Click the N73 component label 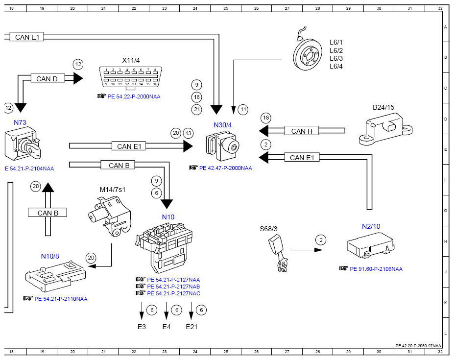coord(20,122)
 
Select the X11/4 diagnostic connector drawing coord(130,77)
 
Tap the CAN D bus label coord(47,79)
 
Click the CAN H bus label coord(302,131)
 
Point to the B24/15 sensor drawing coord(385,129)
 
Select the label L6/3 coord(336,58)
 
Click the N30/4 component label coord(223,125)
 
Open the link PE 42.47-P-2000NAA coord(226,168)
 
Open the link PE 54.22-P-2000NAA coord(134,96)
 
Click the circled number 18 coord(266,118)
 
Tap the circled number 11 coord(243,110)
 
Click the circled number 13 coord(189,133)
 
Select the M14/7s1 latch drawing coord(110,216)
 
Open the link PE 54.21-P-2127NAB coord(173,287)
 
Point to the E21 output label coord(191,327)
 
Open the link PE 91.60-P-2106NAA coord(376,269)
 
